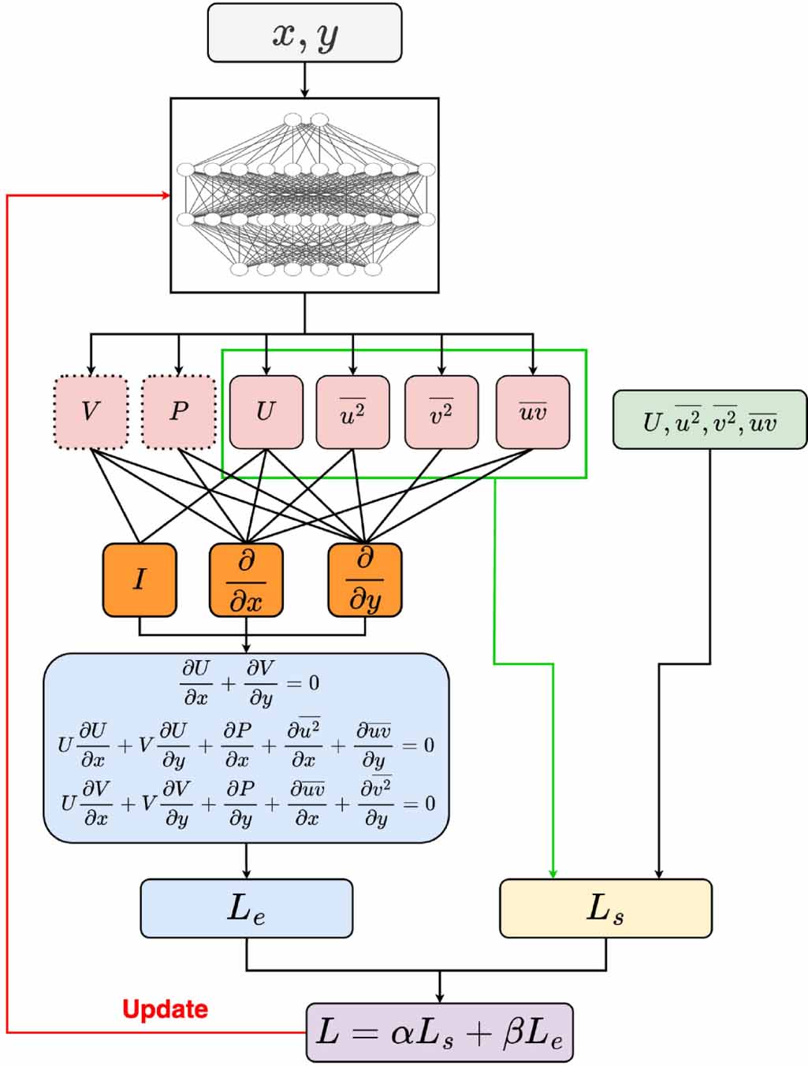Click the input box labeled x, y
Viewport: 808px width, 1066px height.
[x=304, y=33]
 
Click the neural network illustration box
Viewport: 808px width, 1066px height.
[x=304, y=195]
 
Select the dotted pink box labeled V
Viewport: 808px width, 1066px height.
[x=91, y=412]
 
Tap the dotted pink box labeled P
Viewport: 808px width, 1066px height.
[x=179, y=412]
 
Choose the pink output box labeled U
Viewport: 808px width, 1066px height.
[x=266, y=412]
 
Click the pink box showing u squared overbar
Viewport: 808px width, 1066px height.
[x=352, y=412]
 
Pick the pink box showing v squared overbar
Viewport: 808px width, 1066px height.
[x=441, y=412]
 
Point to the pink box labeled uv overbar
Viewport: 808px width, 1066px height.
[x=533, y=412]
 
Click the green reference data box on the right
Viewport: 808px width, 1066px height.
[x=709, y=420]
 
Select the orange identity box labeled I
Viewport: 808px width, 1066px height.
[x=140, y=580]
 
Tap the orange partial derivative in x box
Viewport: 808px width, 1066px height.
[x=246, y=580]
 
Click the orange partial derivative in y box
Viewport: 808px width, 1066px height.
[x=364, y=580]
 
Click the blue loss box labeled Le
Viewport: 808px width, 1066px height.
[x=246, y=908]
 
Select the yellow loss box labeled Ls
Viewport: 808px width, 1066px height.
[x=605, y=908]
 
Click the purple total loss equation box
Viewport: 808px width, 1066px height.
[x=439, y=1032]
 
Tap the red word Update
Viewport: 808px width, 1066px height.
[x=166, y=1009]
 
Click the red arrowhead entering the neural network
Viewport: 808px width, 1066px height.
[x=166, y=195]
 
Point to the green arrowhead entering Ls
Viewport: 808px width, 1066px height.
[x=553, y=874]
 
